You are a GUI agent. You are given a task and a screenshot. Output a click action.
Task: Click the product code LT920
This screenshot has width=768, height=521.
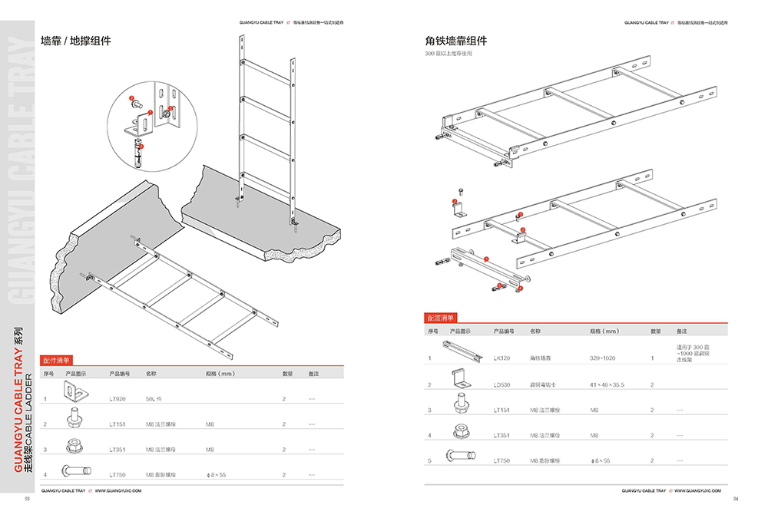point(117,399)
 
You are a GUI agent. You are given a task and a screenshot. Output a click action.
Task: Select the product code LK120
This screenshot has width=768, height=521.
point(502,358)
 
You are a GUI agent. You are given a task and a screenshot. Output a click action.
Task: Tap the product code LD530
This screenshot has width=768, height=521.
point(502,384)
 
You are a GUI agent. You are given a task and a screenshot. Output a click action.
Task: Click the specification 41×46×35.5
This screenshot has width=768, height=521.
point(607,384)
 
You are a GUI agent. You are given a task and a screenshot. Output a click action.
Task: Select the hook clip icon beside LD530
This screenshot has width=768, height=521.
point(462,381)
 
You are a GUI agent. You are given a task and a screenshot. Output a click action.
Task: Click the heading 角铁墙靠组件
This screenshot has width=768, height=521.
point(456,41)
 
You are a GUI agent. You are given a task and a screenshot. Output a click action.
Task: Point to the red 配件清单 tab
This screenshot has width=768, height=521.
point(55,359)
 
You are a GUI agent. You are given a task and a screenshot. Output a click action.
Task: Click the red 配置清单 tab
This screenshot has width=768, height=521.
point(440,318)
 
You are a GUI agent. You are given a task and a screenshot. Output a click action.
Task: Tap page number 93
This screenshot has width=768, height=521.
point(27,499)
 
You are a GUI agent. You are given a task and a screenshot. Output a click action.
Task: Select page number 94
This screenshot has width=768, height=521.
point(735,499)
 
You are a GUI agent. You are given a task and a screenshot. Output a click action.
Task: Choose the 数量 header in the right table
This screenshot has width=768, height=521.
point(655,331)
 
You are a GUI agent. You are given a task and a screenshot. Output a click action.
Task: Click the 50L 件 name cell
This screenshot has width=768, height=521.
point(154,399)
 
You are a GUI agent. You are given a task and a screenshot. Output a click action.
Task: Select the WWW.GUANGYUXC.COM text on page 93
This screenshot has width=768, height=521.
point(118,489)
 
